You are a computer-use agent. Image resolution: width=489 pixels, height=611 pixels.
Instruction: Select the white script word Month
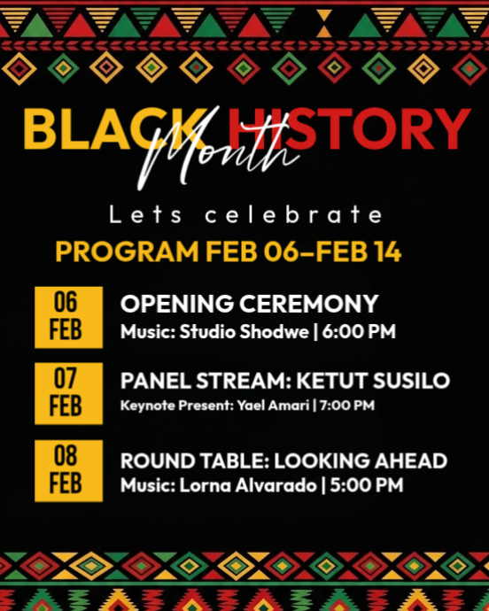[x=226, y=157]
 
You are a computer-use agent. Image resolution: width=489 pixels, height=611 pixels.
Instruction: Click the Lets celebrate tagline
[x=245, y=215]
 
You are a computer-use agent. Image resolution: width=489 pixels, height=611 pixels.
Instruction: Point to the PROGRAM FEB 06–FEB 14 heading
[x=228, y=251]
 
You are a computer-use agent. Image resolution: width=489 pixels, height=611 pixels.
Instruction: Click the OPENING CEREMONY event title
[x=249, y=304]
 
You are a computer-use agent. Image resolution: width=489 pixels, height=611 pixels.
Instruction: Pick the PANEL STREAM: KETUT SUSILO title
[x=284, y=381]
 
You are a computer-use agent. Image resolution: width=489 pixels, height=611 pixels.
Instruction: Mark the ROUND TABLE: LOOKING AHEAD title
[x=283, y=460]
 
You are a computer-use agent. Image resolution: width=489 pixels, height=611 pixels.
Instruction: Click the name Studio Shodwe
[x=231, y=333]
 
